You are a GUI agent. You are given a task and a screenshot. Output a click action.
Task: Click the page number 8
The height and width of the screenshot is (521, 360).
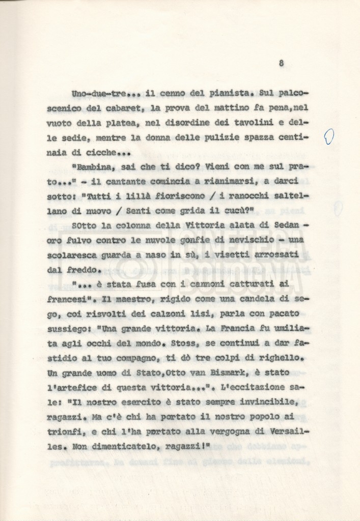click(281, 64)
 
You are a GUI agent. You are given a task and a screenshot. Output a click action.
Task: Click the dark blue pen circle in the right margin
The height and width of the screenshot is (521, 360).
click(329, 136)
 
